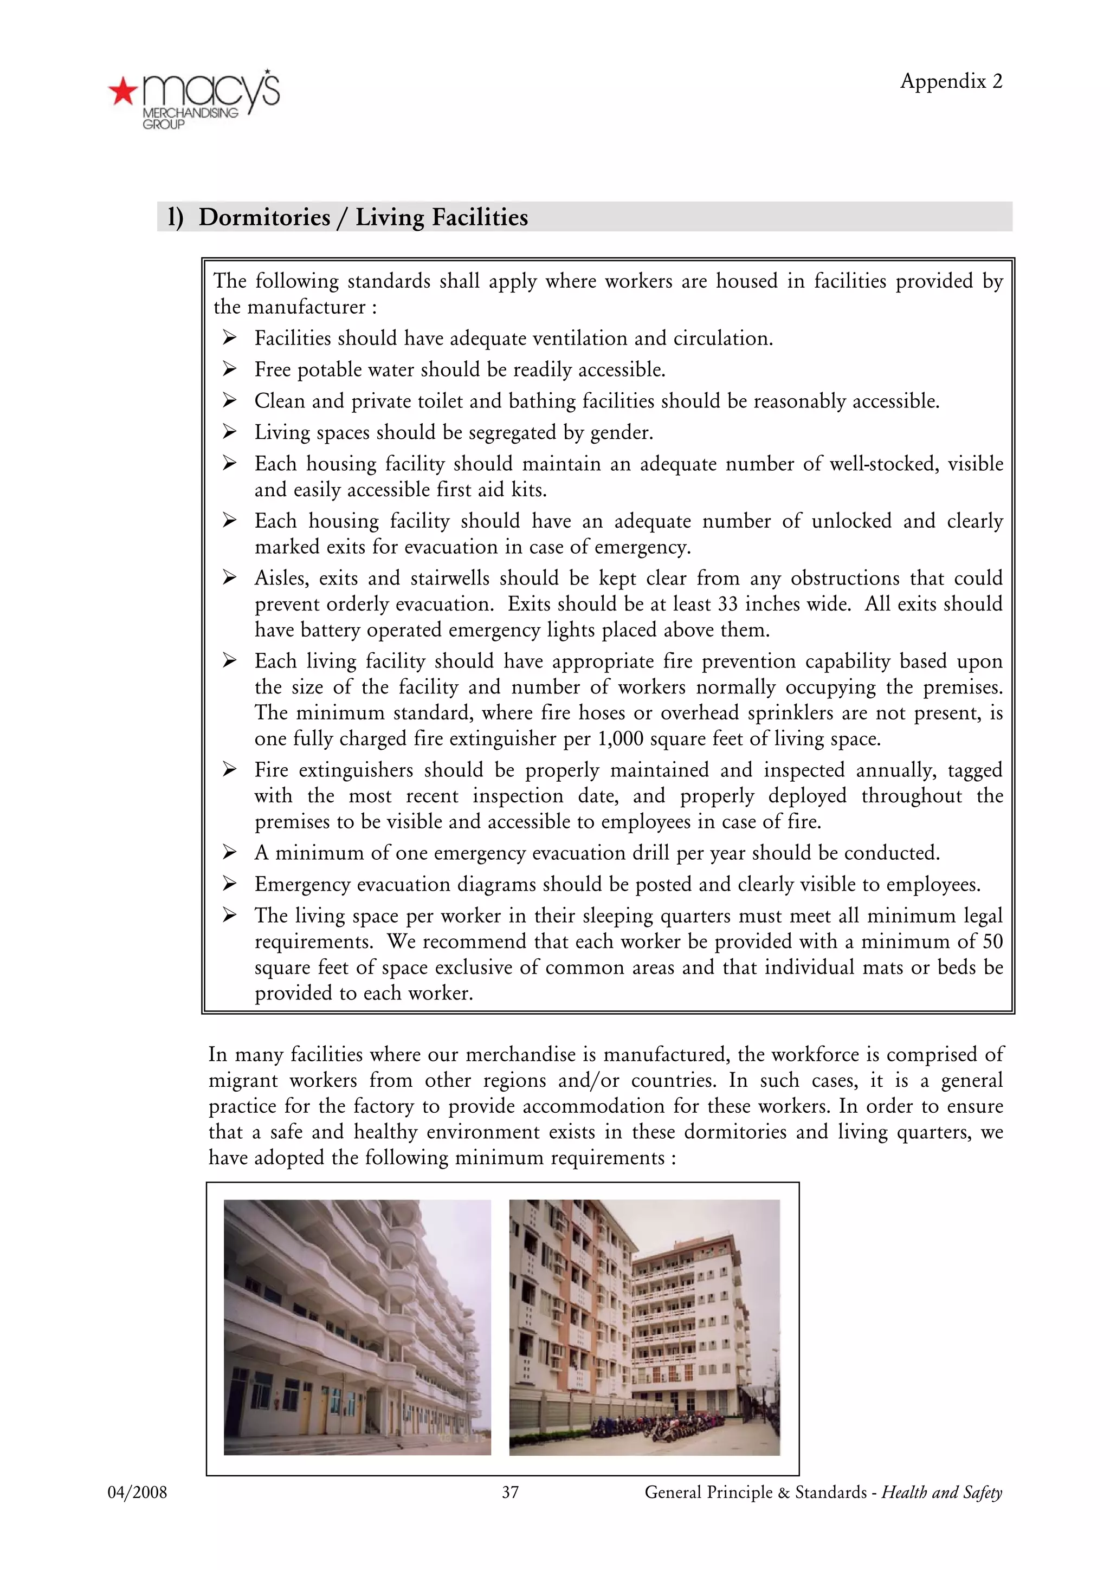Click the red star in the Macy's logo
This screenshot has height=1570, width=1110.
coord(122,92)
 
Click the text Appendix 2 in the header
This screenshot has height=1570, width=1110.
coord(951,81)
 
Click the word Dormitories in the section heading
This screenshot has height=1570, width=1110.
coord(264,217)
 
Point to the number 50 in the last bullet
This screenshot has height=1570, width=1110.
coord(992,942)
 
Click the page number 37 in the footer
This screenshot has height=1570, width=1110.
coord(510,1493)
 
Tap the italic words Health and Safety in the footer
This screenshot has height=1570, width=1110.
coord(941,1493)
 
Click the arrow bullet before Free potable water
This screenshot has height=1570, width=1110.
coord(229,370)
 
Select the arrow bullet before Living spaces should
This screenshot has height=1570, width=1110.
coord(229,433)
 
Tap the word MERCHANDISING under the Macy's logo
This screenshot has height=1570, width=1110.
coord(190,113)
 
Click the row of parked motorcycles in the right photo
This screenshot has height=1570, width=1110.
coord(656,1429)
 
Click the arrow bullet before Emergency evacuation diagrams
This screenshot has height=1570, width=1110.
coord(229,885)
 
